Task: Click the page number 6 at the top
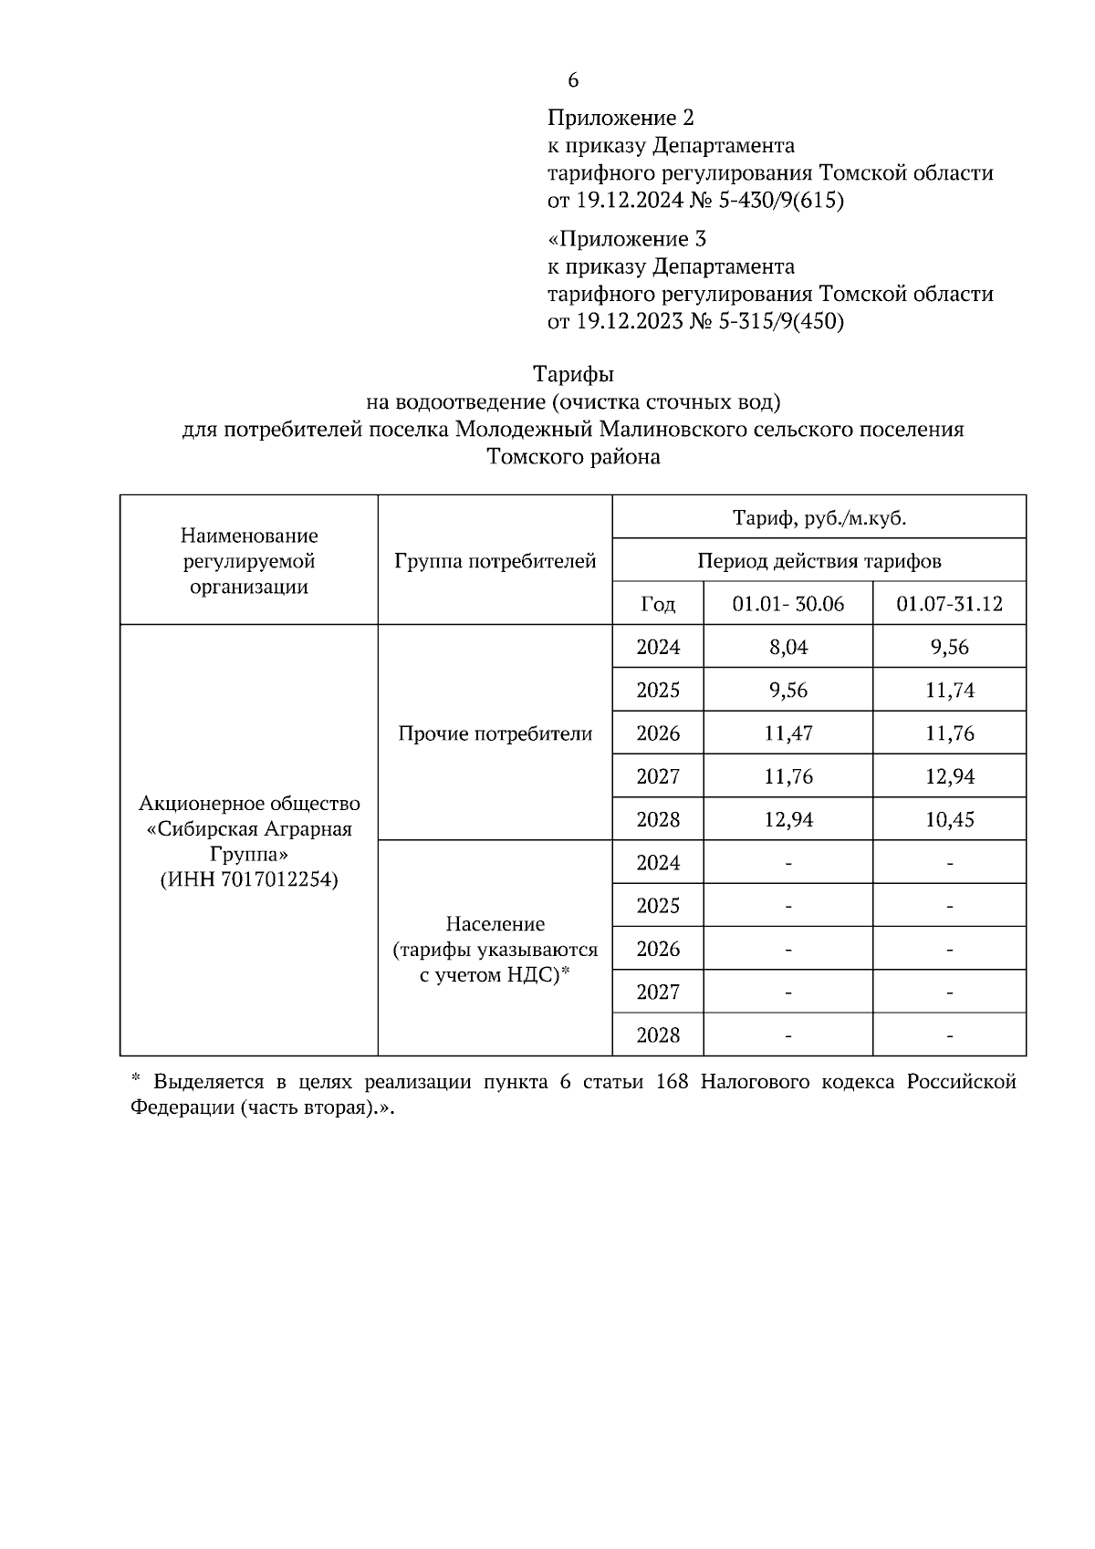(x=573, y=80)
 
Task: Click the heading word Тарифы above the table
(x=573, y=374)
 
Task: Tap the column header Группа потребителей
(x=495, y=561)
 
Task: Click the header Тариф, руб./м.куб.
(x=819, y=518)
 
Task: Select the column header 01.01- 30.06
(x=787, y=604)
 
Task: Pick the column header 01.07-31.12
(x=949, y=604)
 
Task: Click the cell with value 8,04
(x=787, y=647)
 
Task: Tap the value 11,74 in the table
(x=949, y=690)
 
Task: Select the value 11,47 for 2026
(x=787, y=733)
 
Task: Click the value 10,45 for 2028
(x=949, y=819)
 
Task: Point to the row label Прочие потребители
(x=495, y=733)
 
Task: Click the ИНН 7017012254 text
(x=248, y=879)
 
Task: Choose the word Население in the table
(x=495, y=924)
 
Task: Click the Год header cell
(x=658, y=604)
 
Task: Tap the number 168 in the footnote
(x=673, y=1082)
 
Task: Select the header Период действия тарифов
(x=819, y=561)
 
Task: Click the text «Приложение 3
(x=626, y=239)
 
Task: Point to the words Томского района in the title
(x=573, y=457)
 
